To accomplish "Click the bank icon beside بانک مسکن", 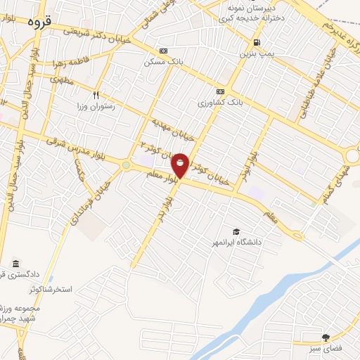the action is coord(164,51).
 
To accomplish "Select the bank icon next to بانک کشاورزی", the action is coord(220,91).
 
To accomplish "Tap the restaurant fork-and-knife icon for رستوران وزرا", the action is coord(96,95).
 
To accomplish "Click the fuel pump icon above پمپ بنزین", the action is coord(256,41).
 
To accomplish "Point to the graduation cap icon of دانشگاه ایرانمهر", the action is coord(237,231).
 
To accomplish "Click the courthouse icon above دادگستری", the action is coord(15,264).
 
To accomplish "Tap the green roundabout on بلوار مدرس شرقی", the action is coord(126,165).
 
